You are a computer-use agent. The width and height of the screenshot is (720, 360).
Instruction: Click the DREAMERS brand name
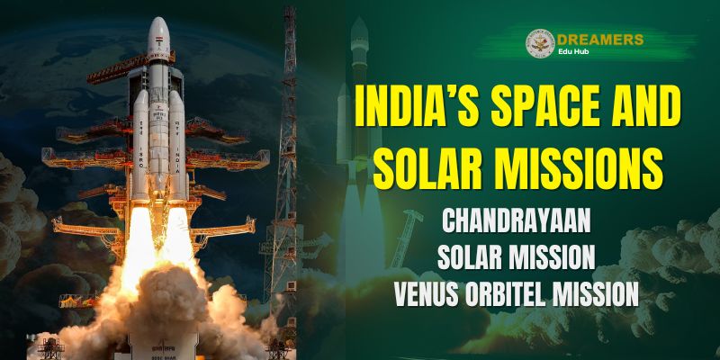point(600,40)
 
